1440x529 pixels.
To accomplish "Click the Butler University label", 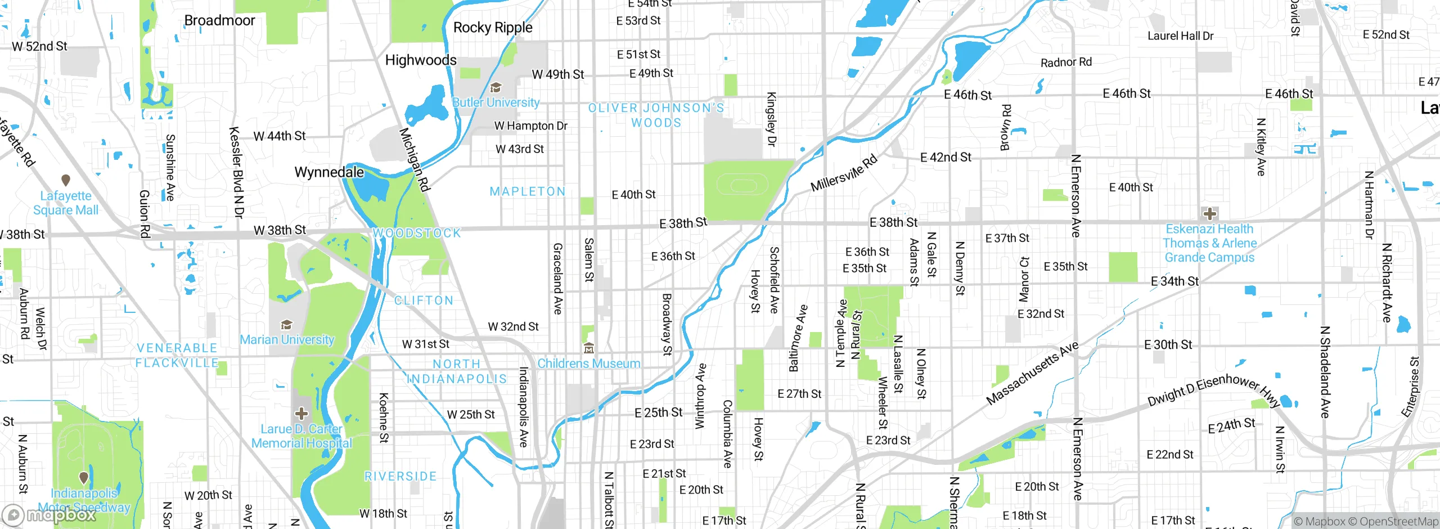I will coord(496,102).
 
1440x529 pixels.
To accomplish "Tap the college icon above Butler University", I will coord(496,88).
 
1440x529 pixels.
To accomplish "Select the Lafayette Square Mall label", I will coord(65,203).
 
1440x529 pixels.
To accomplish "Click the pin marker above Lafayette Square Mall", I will coord(66,180).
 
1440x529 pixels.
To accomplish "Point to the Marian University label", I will coord(287,340).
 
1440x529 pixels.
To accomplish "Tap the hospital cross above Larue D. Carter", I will coord(301,414).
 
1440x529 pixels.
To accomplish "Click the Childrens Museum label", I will coord(588,364).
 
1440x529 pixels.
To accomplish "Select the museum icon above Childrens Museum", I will coord(588,348).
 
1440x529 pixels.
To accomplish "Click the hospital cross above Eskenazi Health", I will coord(1209,214).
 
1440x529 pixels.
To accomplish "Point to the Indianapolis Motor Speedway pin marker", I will coord(84,478).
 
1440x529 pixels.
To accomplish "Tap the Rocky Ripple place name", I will coord(493,28).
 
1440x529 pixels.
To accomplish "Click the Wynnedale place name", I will coord(329,172).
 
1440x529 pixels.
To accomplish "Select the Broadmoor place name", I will coord(219,21).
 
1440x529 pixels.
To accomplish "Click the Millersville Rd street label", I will coord(844,172).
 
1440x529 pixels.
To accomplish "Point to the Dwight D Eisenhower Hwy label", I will coord(1213,391).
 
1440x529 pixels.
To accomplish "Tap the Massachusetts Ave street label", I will coord(1033,373).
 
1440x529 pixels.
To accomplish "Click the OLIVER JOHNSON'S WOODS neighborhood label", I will coord(656,115).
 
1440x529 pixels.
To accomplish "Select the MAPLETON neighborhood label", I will coord(527,192).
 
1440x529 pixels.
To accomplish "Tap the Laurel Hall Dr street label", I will coord(1180,36).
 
